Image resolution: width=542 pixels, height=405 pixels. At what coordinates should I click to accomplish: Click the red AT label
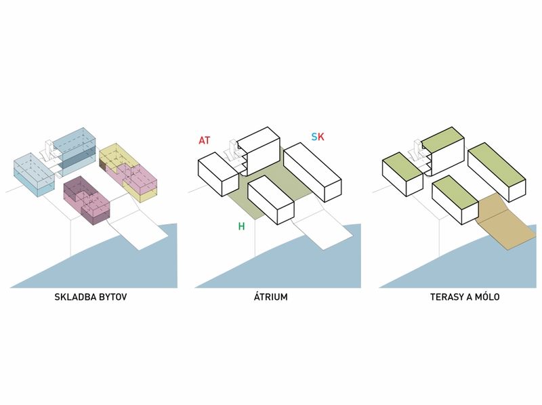pos(204,140)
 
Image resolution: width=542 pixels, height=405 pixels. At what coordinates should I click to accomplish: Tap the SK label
pos(318,137)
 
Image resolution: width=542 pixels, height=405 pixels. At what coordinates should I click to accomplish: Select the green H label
pos(241,226)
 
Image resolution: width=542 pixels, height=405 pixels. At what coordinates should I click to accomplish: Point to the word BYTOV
pos(113,297)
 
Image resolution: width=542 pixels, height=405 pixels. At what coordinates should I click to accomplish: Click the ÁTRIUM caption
pos(270,297)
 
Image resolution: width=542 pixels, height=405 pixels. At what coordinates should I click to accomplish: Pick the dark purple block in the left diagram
pos(87,200)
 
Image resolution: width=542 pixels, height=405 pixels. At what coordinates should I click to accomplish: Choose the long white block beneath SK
pos(312,172)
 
